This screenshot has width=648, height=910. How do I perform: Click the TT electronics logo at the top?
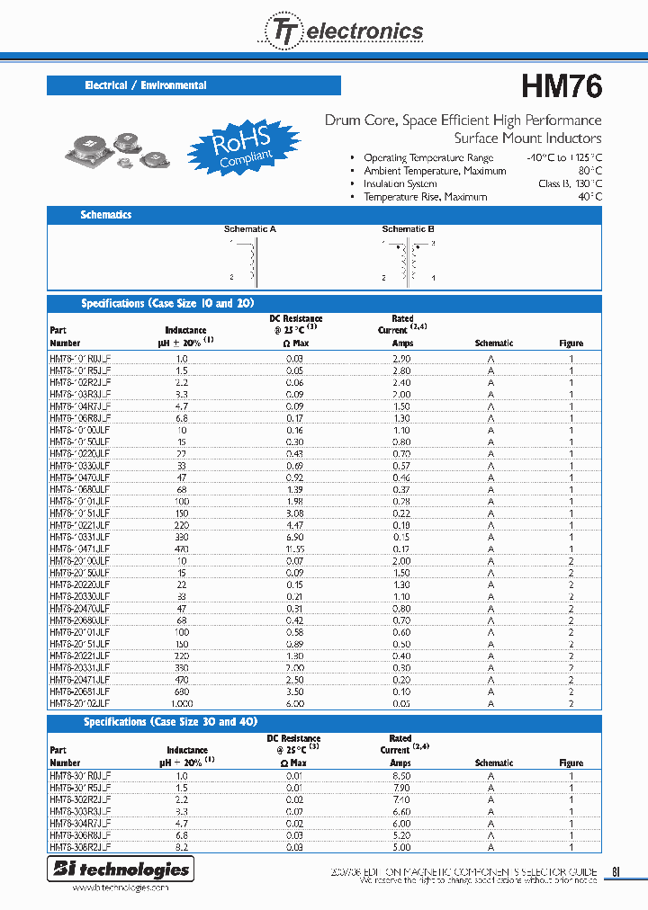343,32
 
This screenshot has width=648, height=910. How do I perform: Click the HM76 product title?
562,87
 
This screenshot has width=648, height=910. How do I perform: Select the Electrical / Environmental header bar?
193,85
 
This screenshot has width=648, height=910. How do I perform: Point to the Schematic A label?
249,229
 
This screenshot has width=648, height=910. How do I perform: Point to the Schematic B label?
408,229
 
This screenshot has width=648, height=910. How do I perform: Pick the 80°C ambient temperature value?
589,171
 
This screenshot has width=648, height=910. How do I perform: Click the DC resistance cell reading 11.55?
294,548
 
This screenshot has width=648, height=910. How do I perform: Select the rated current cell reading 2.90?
401,358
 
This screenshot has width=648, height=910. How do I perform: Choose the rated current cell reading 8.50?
401,776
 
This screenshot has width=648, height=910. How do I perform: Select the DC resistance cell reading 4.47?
294,524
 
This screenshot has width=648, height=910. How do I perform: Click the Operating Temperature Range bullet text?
428,158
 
